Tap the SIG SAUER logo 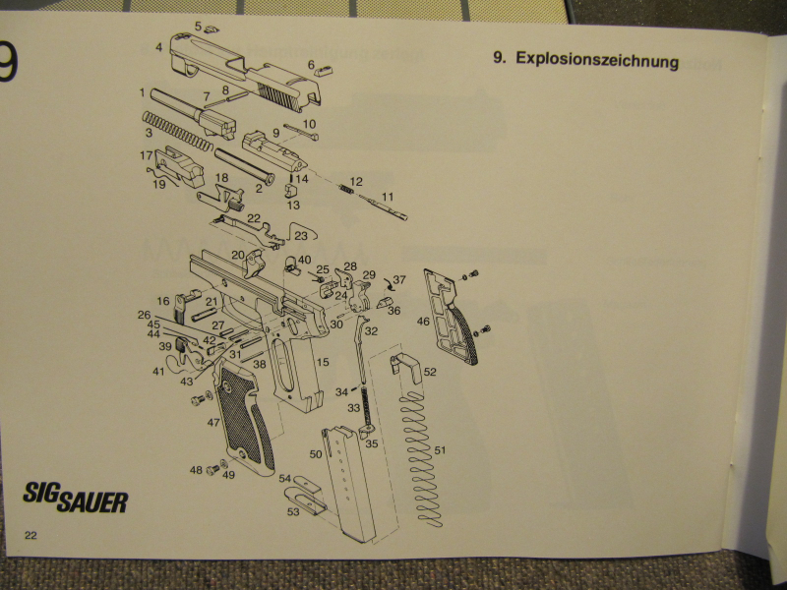pyautogui.click(x=75, y=498)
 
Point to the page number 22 pyautogui.click(x=30, y=534)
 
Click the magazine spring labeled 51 pyautogui.click(x=421, y=453)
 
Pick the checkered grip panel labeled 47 pyautogui.click(x=242, y=418)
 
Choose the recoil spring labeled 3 pyautogui.click(x=177, y=131)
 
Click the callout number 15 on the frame pyautogui.click(x=322, y=363)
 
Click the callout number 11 pyautogui.click(x=387, y=197)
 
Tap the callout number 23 pyautogui.click(x=300, y=236)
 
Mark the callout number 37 pyautogui.click(x=399, y=280)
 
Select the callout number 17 pyautogui.click(x=146, y=155)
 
